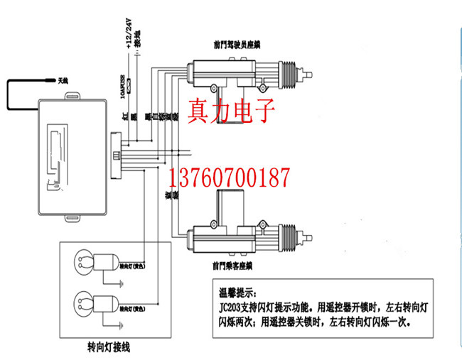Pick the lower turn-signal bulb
[83, 304]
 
